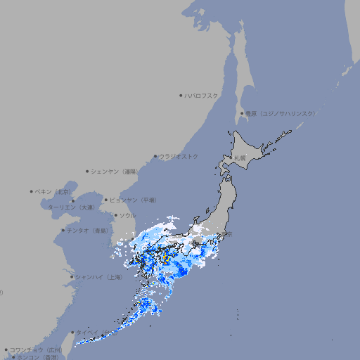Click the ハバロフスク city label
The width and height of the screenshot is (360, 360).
coord(202,95)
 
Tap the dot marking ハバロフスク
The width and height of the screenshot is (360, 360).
coord(181,95)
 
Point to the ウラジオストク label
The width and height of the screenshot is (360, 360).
coord(179,156)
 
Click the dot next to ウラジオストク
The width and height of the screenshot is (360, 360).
coord(155,156)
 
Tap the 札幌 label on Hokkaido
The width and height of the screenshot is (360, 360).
coord(240,157)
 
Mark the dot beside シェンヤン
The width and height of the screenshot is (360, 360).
coord(87,171)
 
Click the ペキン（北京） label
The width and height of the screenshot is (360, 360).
coord(53,191)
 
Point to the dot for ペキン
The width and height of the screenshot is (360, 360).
coord(32,191)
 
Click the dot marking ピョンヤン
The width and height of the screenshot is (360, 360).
coord(106,200)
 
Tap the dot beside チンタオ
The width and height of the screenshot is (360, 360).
coord(63,230)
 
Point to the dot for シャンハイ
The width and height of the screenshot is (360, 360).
coord(72,277)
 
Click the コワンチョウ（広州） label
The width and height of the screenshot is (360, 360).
coord(36,349)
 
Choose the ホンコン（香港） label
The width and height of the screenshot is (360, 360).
coord(35,357)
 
